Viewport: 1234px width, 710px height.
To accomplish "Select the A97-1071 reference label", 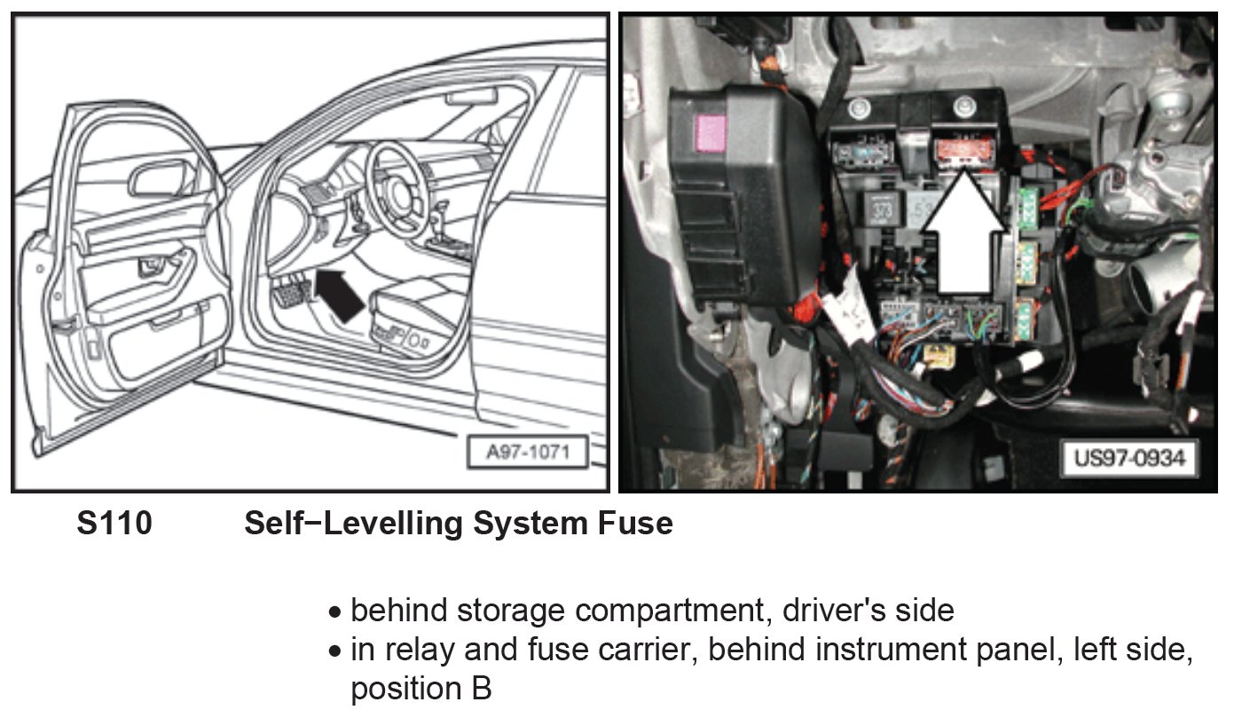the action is coord(527,454).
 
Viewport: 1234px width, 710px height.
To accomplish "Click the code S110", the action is coord(114,524).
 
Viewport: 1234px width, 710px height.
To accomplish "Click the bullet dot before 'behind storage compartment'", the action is coord(334,612).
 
